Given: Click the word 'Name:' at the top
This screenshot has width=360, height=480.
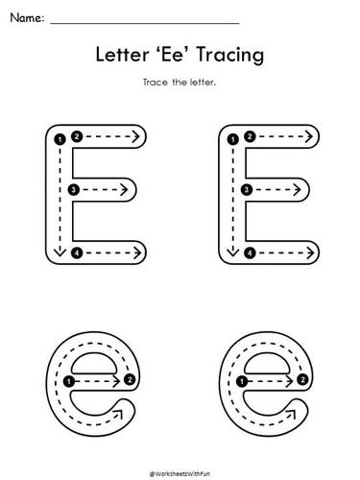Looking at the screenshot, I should [x=26, y=17].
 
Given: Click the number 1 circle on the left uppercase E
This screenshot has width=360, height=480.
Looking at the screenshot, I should [x=60, y=140].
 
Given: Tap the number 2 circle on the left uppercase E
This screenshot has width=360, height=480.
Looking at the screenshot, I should [x=78, y=136].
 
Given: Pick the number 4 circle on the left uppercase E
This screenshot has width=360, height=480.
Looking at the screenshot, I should [x=77, y=252].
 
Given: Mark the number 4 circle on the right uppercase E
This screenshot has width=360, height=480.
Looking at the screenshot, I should [x=250, y=252].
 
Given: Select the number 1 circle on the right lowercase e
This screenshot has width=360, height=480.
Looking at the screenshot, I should [x=241, y=381].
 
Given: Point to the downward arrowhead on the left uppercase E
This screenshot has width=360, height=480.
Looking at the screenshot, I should [x=60, y=252].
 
